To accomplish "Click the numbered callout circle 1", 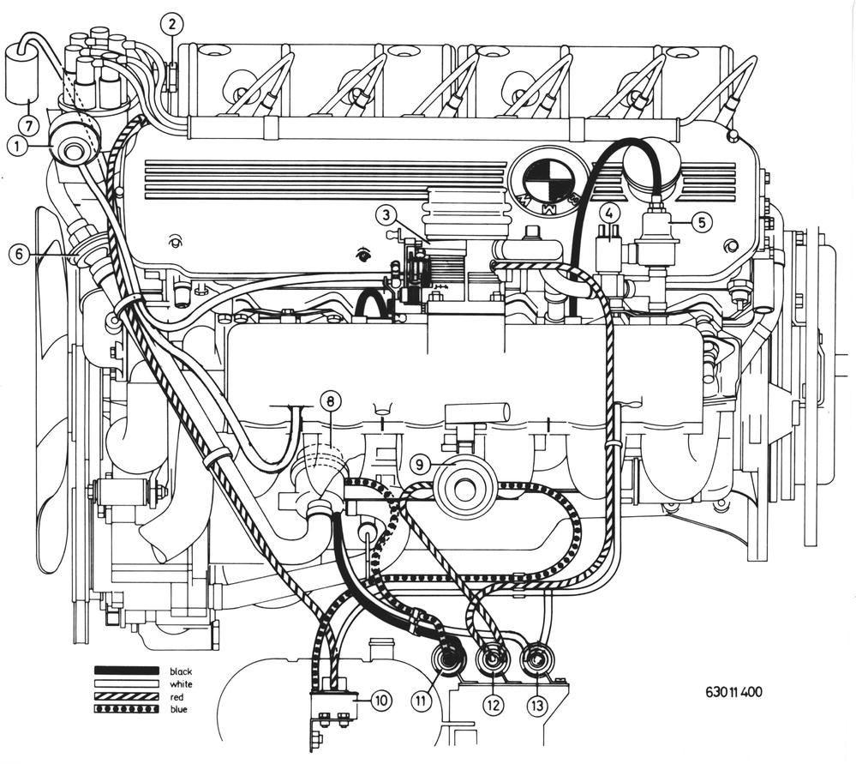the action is tap(18, 147).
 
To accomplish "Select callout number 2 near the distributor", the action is tap(172, 25).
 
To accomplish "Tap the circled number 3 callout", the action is tap(386, 214).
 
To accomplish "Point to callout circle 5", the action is tap(610, 212).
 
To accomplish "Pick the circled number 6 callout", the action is tap(702, 221).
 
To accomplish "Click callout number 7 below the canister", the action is tap(19, 256).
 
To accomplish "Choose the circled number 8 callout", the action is tap(28, 126).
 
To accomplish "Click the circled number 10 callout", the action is tap(419, 465).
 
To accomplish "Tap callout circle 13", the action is tap(381, 700).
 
